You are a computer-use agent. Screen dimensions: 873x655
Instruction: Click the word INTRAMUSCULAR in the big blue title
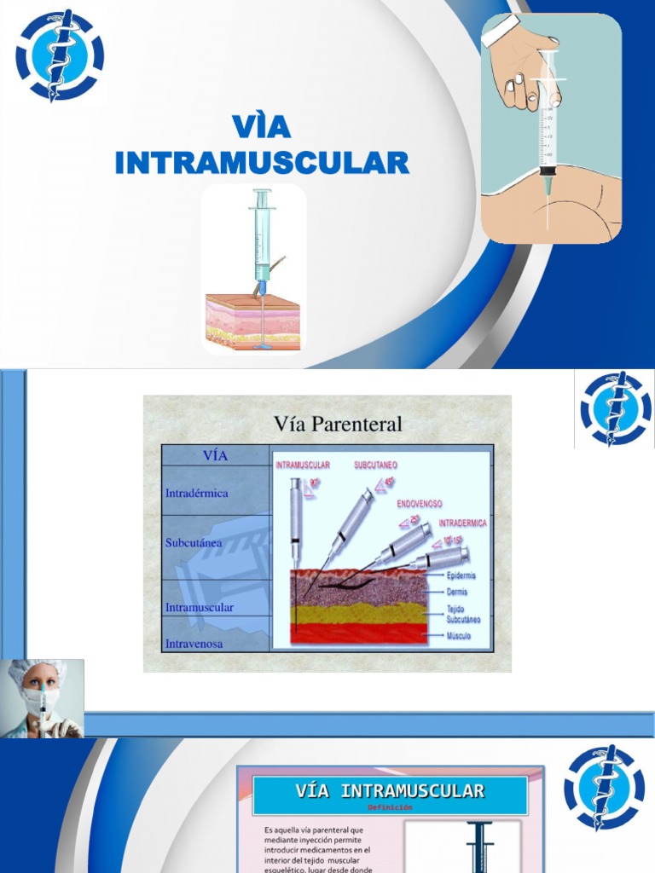pyautogui.click(x=262, y=162)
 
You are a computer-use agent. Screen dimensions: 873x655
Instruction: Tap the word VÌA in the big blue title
pyautogui.click(x=261, y=127)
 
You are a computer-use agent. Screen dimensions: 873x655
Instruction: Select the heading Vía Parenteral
pyautogui.click(x=338, y=424)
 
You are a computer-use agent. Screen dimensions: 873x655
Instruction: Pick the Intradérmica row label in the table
pyautogui.click(x=197, y=493)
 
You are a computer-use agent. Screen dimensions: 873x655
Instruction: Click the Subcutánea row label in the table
pyautogui.click(x=194, y=542)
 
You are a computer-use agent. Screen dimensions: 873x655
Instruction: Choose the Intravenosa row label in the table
pyautogui.click(x=194, y=644)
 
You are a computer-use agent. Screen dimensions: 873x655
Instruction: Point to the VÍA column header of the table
pyautogui.click(x=215, y=455)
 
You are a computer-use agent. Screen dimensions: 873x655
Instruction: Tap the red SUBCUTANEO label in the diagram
pyautogui.click(x=375, y=465)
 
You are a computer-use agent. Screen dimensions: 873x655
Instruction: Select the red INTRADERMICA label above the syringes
pyautogui.click(x=462, y=523)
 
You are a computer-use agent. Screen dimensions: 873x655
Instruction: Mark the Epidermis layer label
pyautogui.click(x=461, y=575)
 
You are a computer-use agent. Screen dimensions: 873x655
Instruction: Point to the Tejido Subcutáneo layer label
pyautogui.click(x=463, y=614)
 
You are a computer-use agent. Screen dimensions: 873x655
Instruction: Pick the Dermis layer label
pyautogui.click(x=457, y=592)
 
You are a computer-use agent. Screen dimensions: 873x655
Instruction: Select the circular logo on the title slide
pyautogui.click(x=59, y=55)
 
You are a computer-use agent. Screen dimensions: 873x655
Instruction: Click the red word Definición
pyautogui.click(x=390, y=807)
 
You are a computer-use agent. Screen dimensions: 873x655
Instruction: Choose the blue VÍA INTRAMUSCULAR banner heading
pyautogui.click(x=390, y=791)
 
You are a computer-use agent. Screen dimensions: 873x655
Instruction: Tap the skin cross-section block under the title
pyautogui.click(x=252, y=320)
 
